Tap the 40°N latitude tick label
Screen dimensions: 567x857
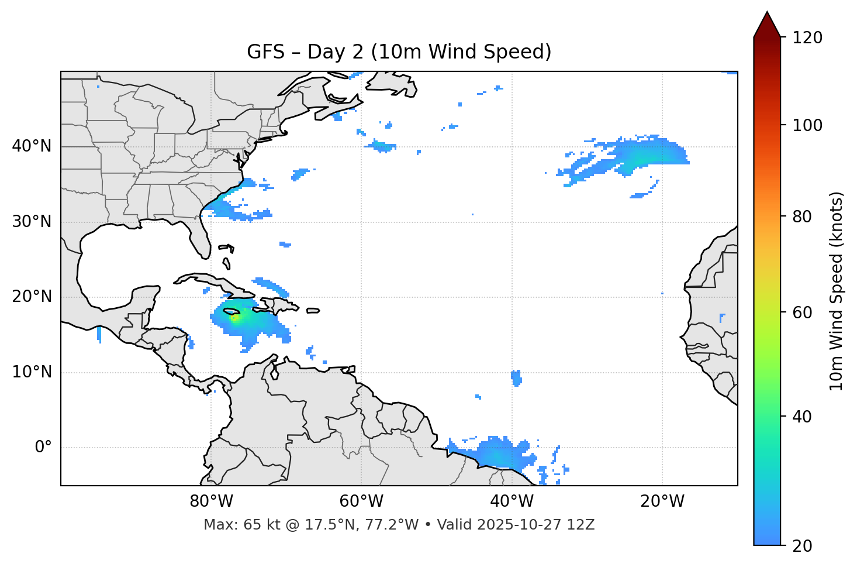click(x=32, y=146)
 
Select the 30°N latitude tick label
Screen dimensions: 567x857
click(x=32, y=222)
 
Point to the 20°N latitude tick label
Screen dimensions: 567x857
click(x=32, y=297)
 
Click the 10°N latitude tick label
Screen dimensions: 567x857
click(x=32, y=372)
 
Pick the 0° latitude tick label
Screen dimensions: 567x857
click(x=43, y=448)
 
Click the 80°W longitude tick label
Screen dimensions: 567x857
click(x=211, y=501)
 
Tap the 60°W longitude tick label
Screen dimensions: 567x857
click(x=361, y=501)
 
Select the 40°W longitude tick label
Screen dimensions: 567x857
click(x=512, y=501)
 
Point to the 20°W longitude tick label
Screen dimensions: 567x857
click(x=662, y=501)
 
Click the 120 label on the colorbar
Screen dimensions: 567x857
click(x=807, y=38)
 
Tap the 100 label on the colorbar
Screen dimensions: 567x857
click(x=807, y=125)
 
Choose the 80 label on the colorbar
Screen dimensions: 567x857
click(x=803, y=217)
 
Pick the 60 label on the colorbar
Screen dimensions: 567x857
click(x=803, y=312)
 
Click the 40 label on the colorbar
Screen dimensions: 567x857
click(x=803, y=417)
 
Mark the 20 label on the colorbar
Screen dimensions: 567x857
click(x=803, y=546)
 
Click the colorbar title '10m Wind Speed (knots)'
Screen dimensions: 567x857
click(x=837, y=291)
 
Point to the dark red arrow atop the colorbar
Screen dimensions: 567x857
click(x=767, y=25)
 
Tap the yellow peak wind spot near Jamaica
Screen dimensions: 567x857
click(x=234, y=318)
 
